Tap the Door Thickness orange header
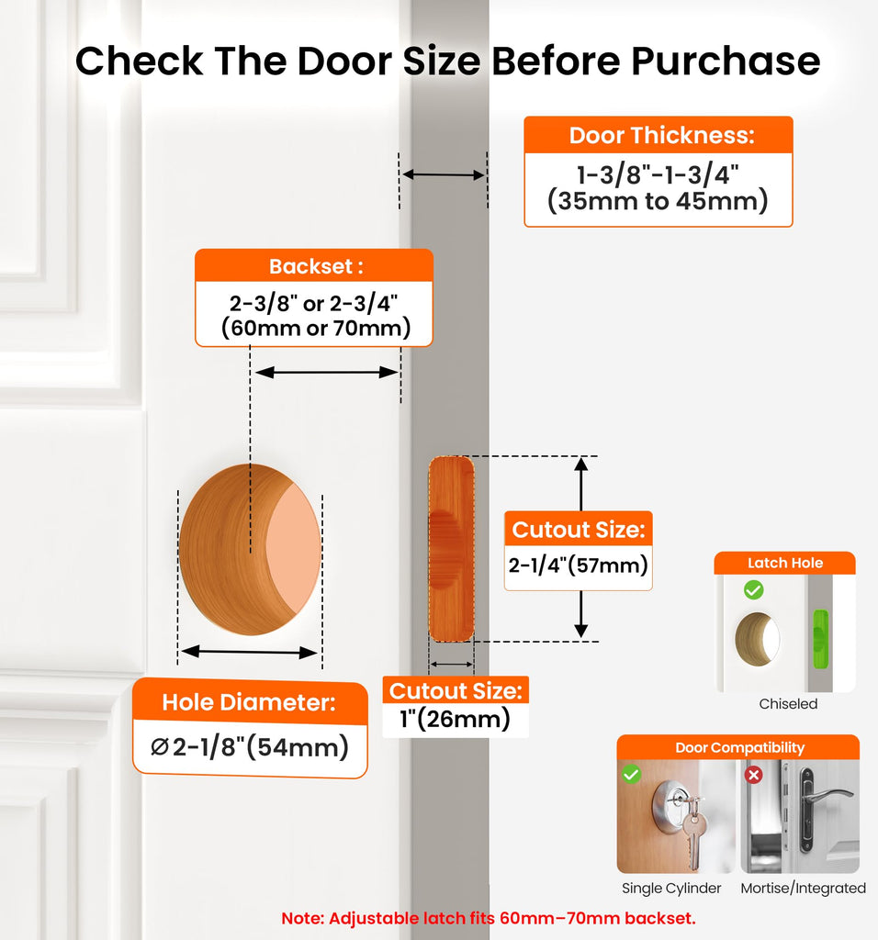coord(658,135)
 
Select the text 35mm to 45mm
coord(658,200)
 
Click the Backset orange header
coord(314,265)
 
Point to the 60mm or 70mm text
coord(315,328)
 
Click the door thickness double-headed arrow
coord(444,175)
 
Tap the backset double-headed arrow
coord(326,373)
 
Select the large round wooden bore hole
coord(250,549)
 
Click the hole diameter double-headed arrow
coord(249,652)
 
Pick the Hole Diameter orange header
coord(249,702)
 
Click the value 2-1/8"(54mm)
coord(250,747)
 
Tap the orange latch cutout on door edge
coord(451,549)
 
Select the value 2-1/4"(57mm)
coord(578,565)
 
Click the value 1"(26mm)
coord(456,718)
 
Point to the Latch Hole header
coord(784,563)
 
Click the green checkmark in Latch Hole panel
coord(754,590)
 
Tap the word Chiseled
coord(788,704)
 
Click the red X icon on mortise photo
coord(754,775)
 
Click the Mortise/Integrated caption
coord(803,888)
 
